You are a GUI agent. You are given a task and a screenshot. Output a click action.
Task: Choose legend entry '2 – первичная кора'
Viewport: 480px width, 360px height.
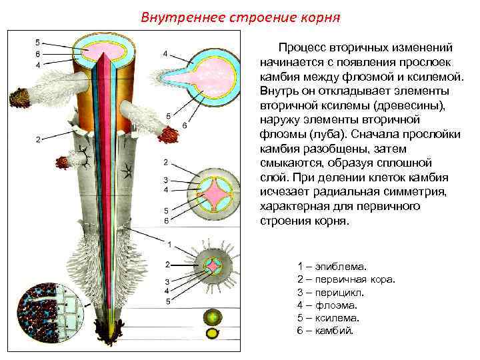coord(346,279)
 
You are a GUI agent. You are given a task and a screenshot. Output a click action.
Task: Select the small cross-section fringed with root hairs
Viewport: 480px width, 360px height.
coord(213,267)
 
